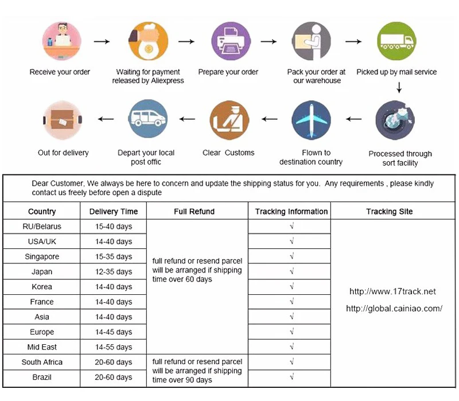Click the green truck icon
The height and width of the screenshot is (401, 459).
[x=396, y=42]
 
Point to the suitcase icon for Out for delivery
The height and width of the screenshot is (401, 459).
[x=63, y=119]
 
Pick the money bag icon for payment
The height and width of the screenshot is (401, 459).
[x=148, y=42]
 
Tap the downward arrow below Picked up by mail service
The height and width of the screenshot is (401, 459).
[x=399, y=88]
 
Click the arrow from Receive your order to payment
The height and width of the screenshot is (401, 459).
[x=102, y=42]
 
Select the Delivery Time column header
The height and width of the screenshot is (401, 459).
[x=114, y=212]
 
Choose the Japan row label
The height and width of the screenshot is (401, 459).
[x=42, y=272]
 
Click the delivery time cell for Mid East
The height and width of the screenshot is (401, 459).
[x=114, y=347]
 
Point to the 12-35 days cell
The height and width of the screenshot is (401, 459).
[x=114, y=272]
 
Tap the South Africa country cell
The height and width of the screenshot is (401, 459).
[x=42, y=362]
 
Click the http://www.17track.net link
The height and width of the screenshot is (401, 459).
[x=393, y=292]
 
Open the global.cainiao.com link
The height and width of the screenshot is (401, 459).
[x=394, y=309]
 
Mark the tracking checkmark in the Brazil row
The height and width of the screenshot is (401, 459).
[x=291, y=377]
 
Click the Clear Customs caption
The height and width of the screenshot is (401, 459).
[x=228, y=153]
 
